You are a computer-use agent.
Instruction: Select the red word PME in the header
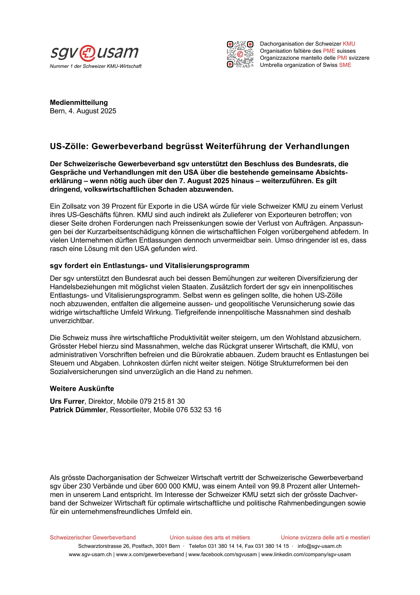click(329, 51)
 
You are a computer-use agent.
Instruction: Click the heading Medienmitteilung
click(79, 102)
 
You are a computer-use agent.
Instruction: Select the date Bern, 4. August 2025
click(83, 111)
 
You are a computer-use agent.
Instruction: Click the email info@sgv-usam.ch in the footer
click(319, 546)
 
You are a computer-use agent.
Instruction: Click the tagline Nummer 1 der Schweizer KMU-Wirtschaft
click(96, 66)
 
